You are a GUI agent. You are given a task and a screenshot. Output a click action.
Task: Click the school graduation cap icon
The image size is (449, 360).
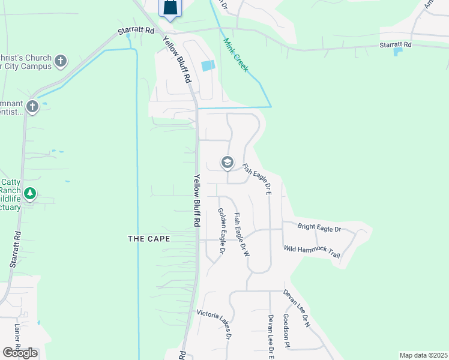tap(227, 162)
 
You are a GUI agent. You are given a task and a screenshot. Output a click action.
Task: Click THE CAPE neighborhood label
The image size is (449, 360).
tap(149, 239)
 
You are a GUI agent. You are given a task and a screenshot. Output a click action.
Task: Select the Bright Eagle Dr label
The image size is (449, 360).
tap(319, 229)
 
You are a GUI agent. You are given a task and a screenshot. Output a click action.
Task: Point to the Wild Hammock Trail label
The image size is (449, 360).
tap(312, 252)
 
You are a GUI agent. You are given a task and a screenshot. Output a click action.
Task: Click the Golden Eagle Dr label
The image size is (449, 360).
tap(221, 232)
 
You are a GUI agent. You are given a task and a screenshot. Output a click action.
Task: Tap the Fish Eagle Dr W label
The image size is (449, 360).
tap(241, 235)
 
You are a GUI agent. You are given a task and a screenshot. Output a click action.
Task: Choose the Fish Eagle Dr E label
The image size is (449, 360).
tap(257, 179)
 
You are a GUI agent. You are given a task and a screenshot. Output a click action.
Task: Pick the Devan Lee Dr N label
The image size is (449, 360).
tap(297, 308)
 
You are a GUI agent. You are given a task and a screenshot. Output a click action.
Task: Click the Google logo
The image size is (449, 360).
tap(20, 352)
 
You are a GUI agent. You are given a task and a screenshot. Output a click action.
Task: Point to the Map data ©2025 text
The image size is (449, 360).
tap(423, 355)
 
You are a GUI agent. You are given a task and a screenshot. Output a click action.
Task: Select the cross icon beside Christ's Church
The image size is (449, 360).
tap(60, 61)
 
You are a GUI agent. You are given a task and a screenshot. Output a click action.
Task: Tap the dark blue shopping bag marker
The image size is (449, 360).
tap(170, 8)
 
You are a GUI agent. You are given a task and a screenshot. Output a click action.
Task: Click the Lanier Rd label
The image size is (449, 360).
tap(17, 339)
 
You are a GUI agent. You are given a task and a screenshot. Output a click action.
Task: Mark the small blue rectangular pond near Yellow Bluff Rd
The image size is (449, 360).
tap(208, 66)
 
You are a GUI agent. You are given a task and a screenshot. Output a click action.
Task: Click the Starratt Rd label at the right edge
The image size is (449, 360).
tap(396, 45)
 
